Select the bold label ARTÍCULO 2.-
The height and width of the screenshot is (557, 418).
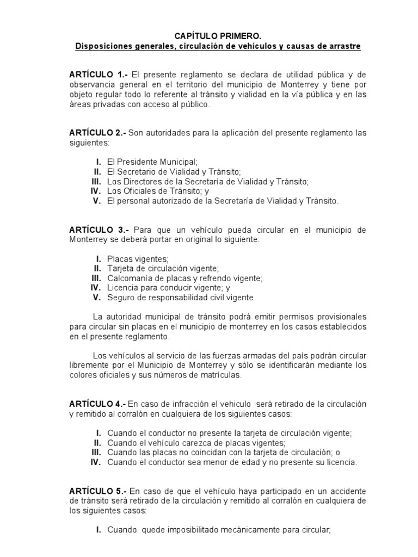[97, 133]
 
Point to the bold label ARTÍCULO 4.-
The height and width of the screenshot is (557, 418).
[97, 404]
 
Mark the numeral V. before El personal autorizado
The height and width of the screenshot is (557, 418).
[98, 201]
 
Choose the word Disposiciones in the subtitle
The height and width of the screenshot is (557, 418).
[104, 46]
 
